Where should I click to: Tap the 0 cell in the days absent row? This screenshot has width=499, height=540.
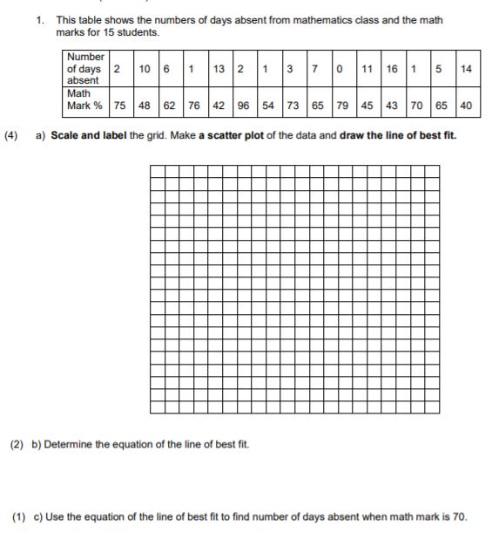point(342,68)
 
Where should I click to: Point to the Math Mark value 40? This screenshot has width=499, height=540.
point(466,106)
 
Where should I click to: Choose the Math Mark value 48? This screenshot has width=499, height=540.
point(144,106)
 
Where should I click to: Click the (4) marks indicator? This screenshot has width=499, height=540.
point(12,136)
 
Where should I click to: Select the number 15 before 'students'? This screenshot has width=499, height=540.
point(118,32)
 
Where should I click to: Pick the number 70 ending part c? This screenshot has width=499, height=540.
point(458,516)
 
